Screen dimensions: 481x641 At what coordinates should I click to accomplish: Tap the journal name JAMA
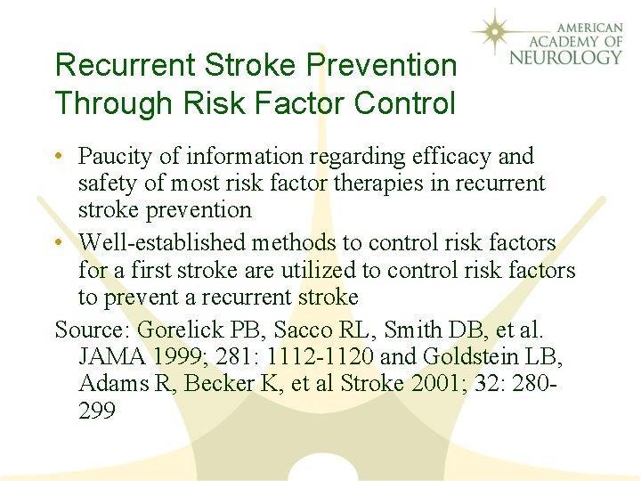click(x=111, y=356)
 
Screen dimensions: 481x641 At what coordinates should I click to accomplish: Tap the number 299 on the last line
click(x=97, y=410)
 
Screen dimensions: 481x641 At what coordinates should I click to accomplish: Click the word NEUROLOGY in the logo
click(x=565, y=58)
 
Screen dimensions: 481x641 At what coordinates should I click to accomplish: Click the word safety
click(x=106, y=183)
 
